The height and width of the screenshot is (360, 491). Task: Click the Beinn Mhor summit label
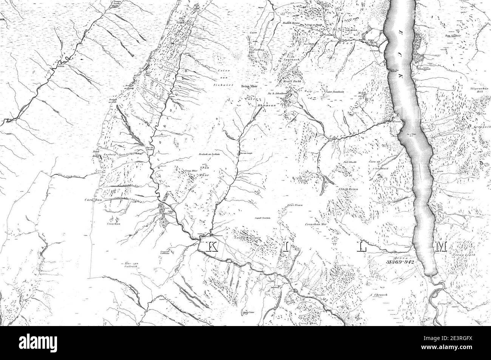(249, 86)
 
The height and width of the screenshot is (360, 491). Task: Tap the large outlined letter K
(212, 246)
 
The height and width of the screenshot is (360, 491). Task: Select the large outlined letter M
(441, 246)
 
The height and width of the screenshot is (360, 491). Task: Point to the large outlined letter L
(363, 246)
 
